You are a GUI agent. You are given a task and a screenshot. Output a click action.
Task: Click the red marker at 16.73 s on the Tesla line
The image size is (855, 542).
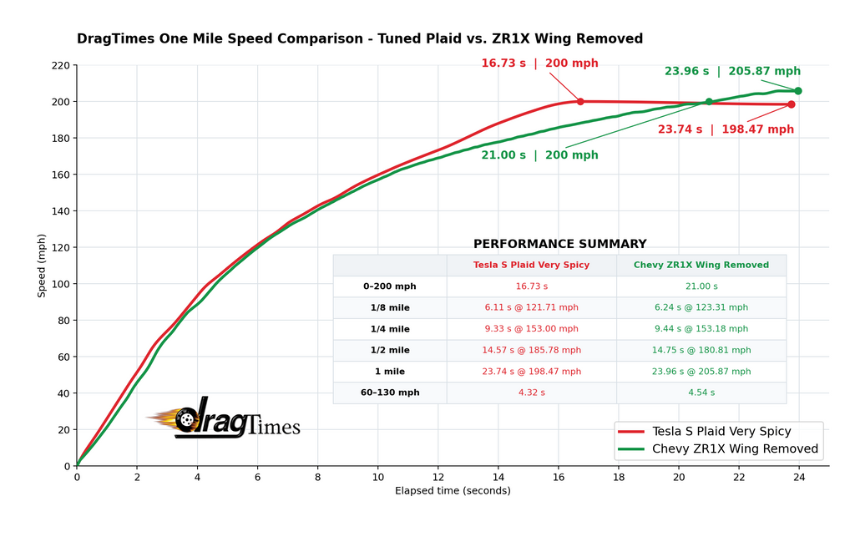coord(580,101)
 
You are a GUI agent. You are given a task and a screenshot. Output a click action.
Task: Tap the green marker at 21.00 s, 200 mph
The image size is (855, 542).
coord(709,101)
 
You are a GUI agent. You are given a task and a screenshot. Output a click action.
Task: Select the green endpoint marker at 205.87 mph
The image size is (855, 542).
coord(798,91)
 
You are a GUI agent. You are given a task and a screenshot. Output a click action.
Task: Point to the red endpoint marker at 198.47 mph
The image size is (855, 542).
coord(792,104)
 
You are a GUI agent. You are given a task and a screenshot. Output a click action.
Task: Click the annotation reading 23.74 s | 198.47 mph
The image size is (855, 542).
coord(726,129)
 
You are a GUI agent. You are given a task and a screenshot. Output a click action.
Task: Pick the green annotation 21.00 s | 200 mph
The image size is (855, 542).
coord(540,154)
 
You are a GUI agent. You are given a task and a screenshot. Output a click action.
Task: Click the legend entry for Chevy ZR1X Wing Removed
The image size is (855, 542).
coord(718,448)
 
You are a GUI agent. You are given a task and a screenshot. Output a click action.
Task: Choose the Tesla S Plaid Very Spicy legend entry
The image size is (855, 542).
coord(705,431)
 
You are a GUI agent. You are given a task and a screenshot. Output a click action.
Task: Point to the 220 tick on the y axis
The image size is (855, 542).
coord(61,65)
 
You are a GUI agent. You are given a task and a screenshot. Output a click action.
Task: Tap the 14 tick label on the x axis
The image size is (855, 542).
coord(498,477)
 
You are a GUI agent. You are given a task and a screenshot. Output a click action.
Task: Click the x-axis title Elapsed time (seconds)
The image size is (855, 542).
coord(453,491)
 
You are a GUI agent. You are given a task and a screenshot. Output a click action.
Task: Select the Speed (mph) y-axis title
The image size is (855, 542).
coord(42,266)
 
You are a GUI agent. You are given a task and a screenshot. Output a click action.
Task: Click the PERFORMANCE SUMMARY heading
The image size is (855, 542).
coord(560,244)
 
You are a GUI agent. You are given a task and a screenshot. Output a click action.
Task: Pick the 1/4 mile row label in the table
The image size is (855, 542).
coord(390,329)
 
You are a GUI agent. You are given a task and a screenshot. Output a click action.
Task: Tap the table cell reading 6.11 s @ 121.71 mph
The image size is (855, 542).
coord(532,307)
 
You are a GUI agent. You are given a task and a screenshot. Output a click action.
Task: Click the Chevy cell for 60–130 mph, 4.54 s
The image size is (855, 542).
coord(701,393)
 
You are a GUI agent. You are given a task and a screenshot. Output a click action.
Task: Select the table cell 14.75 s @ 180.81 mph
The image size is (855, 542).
coord(701,350)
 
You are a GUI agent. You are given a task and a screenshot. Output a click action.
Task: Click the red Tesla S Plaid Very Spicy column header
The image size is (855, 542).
coord(531,265)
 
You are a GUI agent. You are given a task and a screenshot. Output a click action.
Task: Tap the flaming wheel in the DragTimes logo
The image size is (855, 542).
coord(185,420)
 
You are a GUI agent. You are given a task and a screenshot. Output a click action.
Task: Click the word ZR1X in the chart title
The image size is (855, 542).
coord(510,38)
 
